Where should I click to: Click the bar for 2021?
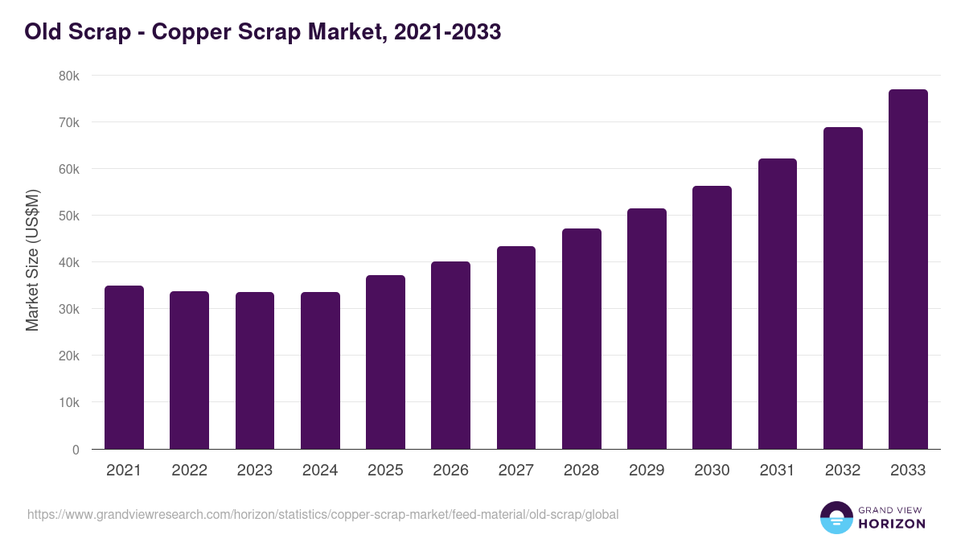124,368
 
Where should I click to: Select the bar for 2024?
320,371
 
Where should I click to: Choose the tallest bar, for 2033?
908,269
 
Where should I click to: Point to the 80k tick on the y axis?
68,76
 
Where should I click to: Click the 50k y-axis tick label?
68,216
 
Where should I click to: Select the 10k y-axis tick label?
68,402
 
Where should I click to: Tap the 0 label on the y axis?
76,450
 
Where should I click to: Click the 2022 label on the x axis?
189,471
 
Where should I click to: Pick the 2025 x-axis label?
385,471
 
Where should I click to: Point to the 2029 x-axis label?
647,471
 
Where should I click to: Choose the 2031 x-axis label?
778,471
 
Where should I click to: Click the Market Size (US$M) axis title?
32,261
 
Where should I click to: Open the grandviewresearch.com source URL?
322,514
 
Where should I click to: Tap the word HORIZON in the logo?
892,524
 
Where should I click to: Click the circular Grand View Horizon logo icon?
836,517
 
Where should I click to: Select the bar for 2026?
450,356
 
